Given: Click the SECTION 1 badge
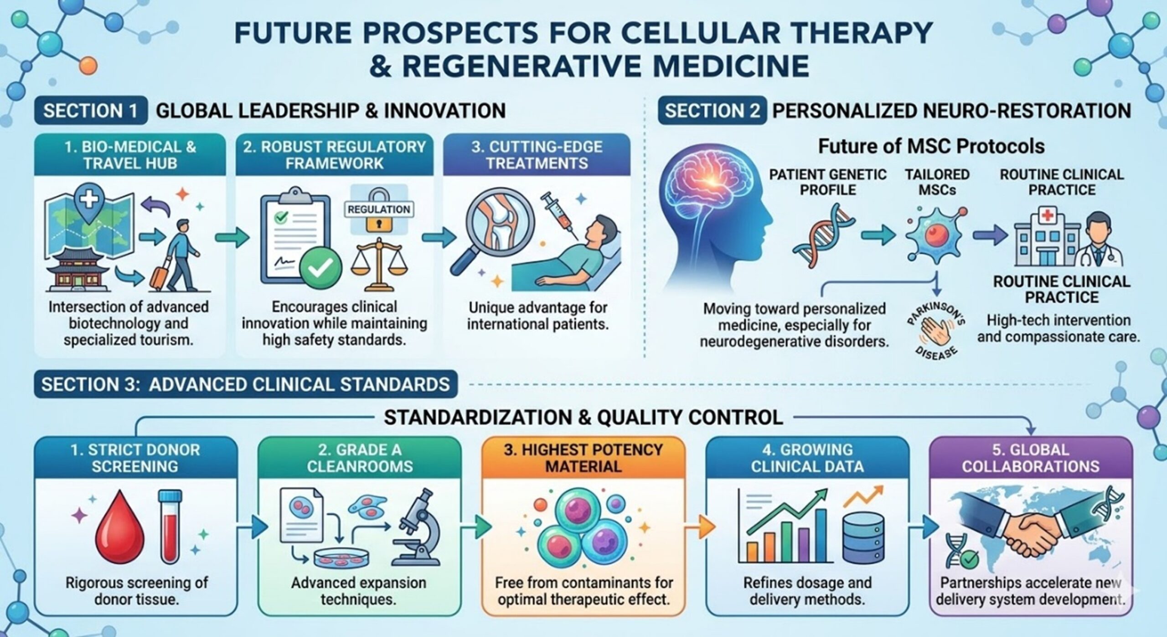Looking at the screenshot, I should [90, 111].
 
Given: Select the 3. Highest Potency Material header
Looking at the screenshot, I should [583, 458].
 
